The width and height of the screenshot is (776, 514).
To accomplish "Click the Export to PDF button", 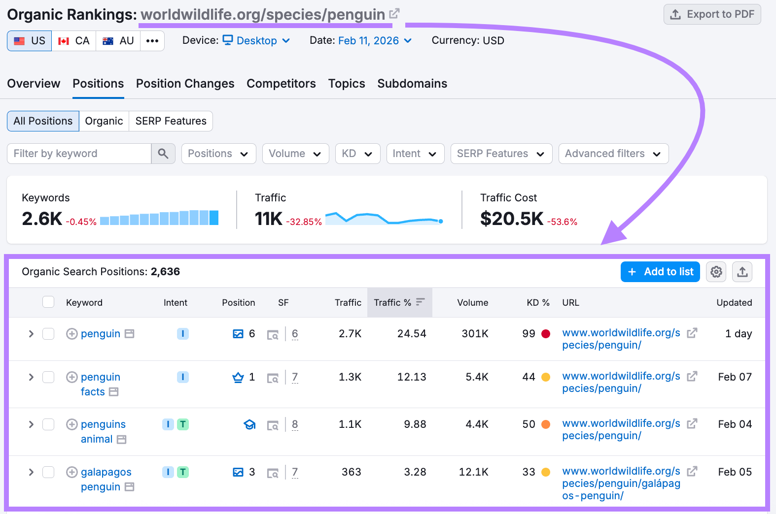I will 712,14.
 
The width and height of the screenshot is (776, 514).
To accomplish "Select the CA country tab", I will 74,41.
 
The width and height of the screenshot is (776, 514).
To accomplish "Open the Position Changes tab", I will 185,84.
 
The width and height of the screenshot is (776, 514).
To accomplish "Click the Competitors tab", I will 281,84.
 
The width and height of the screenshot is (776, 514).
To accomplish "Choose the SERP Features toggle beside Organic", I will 171,121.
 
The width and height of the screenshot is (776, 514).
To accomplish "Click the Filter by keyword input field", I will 79,154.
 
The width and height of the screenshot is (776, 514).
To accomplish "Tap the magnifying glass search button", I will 163,154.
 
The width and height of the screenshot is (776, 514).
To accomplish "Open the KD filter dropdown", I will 357,154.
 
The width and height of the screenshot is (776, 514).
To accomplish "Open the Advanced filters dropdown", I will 613,154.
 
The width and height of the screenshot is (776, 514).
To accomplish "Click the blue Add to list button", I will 660,272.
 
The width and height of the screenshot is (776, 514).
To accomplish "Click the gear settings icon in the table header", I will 716,272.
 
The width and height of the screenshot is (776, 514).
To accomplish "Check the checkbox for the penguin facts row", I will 48,377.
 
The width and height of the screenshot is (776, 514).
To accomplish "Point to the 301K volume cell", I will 475,334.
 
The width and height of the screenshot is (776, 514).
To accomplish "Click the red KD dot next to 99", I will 546,334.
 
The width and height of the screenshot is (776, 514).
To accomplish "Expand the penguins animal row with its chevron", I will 31,424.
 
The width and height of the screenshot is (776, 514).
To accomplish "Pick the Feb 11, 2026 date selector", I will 374,41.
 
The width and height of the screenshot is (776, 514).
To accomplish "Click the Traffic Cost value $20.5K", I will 511,219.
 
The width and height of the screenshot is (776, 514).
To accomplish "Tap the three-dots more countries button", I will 152,41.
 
